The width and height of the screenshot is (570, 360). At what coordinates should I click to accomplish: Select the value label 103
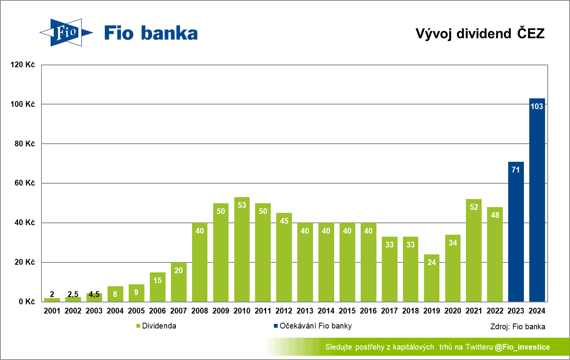coord(537,106)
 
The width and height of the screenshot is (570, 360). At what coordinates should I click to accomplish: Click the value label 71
coord(516,170)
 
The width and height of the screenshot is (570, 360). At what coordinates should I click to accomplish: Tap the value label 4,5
coord(94,295)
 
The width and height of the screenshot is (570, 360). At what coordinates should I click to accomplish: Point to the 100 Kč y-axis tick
coord(23,104)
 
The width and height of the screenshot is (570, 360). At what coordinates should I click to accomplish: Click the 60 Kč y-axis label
coord(25,183)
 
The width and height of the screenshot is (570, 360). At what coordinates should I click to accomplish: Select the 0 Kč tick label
coord(27,302)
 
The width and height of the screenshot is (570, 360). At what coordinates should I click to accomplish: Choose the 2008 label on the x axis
coord(200,311)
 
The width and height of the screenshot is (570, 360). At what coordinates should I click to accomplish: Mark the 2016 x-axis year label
coord(368,311)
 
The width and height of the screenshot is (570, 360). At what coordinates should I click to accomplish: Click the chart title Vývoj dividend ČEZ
coord(480,33)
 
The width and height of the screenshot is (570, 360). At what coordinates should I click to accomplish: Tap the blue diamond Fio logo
coord(66,33)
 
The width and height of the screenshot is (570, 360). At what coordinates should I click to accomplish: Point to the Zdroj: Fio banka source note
coord(518,327)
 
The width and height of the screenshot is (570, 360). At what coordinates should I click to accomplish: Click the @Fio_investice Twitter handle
coord(522,347)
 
